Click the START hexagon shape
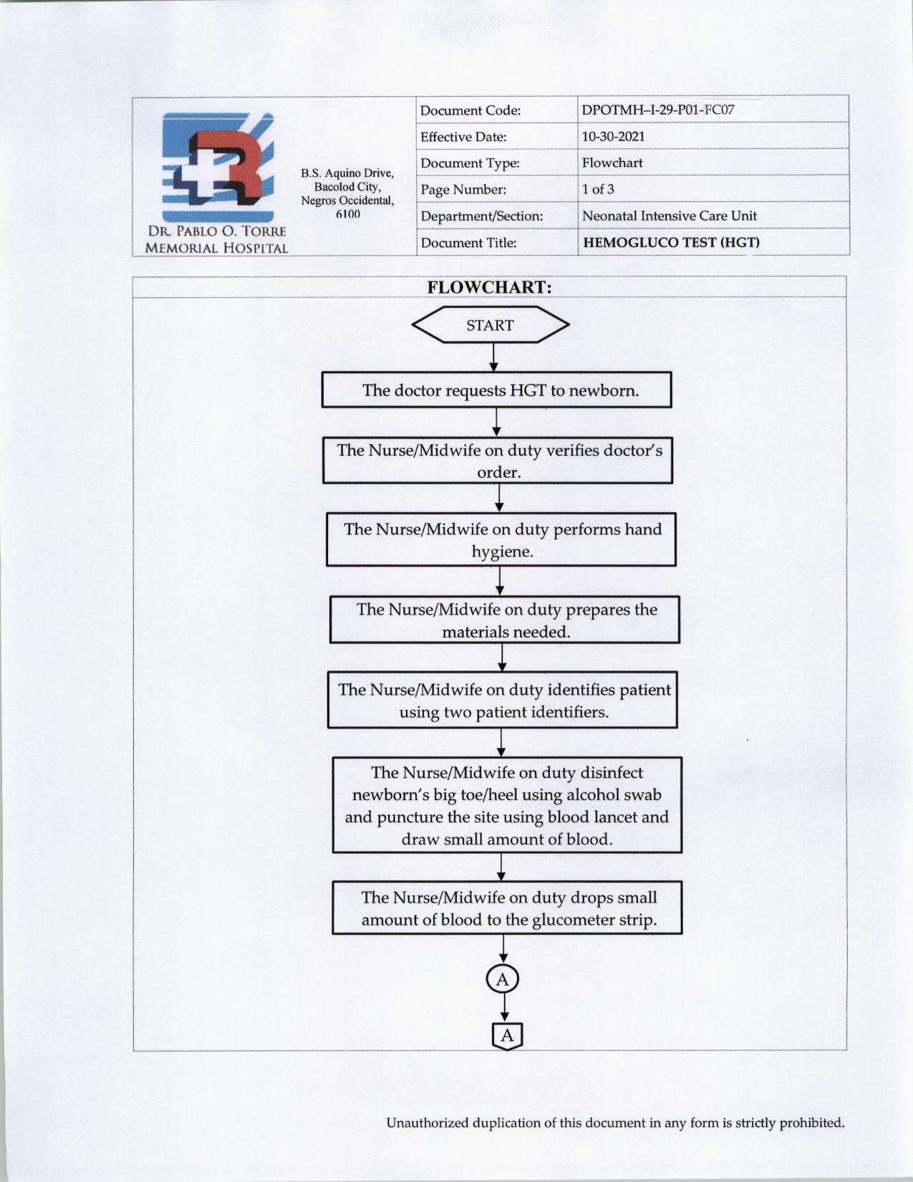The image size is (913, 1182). click(491, 325)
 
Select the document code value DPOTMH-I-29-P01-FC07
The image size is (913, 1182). click(657, 110)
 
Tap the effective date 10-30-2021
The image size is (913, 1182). click(613, 136)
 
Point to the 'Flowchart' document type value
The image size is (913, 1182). click(612, 163)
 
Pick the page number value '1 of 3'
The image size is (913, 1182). click(598, 189)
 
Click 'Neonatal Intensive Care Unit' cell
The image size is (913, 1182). click(669, 216)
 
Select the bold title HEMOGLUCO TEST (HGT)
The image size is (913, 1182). click(671, 242)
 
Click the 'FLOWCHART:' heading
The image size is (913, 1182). click(490, 287)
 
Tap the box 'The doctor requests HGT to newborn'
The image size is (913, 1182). click(497, 390)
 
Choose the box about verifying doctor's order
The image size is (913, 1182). click(498, 461)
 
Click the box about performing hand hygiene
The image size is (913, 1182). click(501, 539)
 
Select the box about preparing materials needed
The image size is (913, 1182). click(505, 620)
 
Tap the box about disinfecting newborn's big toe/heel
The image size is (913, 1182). click(507, 805)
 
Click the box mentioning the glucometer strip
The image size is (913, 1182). click(507, 908)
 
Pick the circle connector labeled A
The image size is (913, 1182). click(503, 979)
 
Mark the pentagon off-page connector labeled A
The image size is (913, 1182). click(507, 1036)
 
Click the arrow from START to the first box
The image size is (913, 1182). click(493, 357)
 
